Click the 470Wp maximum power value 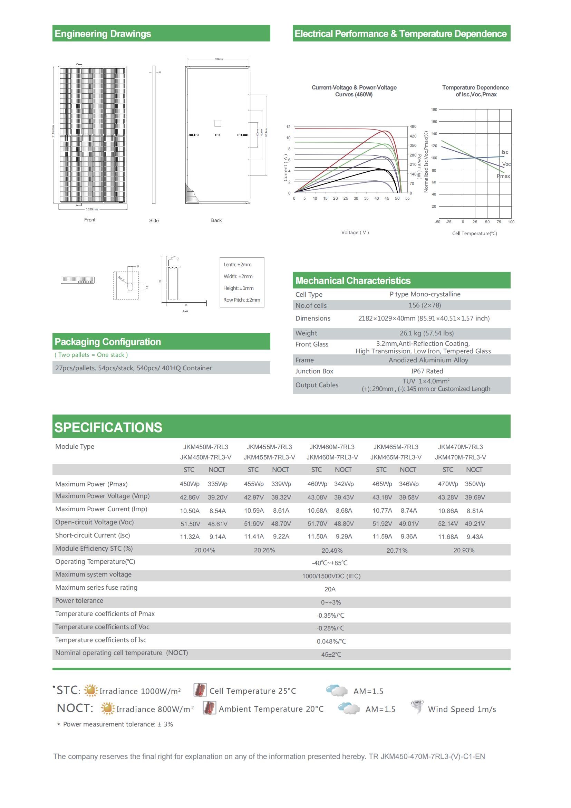coord(448,484)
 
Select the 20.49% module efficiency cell coord(331,550)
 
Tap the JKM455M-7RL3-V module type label coord(269,457)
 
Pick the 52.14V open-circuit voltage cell coord(448,524)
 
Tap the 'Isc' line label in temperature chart coord(505,152)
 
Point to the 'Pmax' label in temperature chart coord(503,176)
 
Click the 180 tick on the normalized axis coord(434,110)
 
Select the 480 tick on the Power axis coord(413,126)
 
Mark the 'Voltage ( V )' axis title coord(355,232)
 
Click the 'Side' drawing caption coord(154,220)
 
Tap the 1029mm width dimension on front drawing coord(92,209)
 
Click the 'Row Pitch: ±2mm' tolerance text coord(242,300)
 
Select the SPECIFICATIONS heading coord(108,427)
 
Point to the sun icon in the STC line coord(91,690)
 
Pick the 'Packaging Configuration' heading coord(108,342)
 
